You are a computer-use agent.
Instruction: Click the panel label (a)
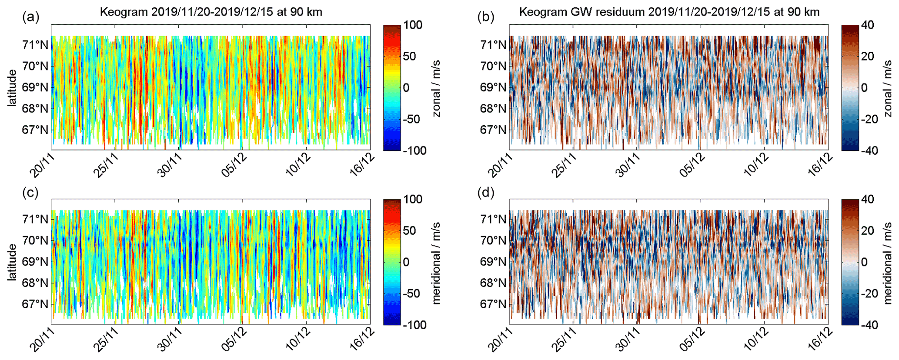[31, 17]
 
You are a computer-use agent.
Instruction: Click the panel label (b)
[486, 17]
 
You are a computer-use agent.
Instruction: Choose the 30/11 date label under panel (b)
[628, 165]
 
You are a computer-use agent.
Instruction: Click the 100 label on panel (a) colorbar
[412, 25]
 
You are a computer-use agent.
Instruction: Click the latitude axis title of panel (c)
[12, 262]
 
